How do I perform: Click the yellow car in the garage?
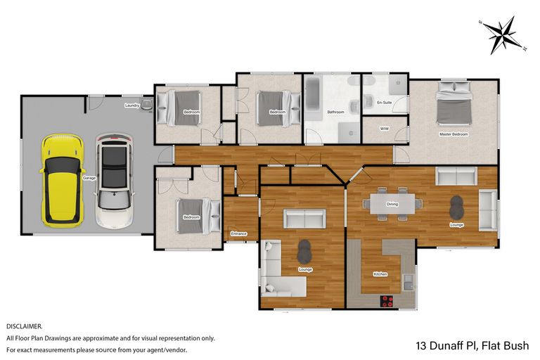[x=63, y=181]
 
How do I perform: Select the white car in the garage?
[x=114, y=181]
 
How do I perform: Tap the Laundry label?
[x=131, y=105]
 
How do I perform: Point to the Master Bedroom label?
[x=453, y=134]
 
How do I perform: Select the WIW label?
[x=384, y=129]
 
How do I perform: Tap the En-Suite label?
[x=384, y=103]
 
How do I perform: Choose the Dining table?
[x=393, y=204]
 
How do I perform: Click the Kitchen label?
[x=380, y=274]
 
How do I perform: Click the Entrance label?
[x=239, y=233]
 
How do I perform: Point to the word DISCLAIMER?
[x=25, y=326]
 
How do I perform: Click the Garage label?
[x=89, y=179]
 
